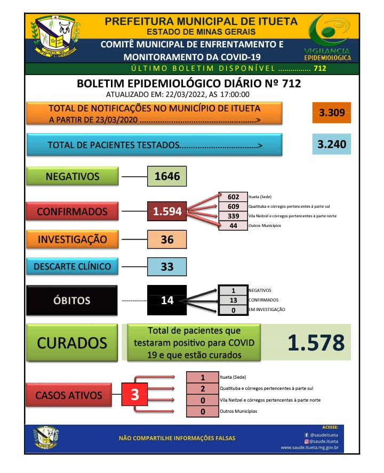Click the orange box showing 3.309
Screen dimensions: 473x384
click(x=332, y=113)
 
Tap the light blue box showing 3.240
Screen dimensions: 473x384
click(x=332, y=144)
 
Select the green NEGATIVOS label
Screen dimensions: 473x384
click(x=73, y=177)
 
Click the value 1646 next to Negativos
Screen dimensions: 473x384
click(x=167, y=176)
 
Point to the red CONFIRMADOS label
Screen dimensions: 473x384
click(x=72, y=211)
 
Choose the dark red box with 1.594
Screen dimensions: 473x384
click(x=167, y=211)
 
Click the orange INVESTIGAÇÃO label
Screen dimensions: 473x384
click(x=72, y=240)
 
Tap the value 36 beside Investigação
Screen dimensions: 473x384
click(x=167, y=240)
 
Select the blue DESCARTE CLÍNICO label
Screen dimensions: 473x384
click(x=72, y=266)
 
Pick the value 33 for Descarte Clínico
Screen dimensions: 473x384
click(x=167, y=266)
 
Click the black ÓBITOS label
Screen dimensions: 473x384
click(x=72, y=300)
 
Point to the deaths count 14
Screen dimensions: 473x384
click(x=167, y=300)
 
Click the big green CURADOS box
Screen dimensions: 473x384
click(x=72, y=342)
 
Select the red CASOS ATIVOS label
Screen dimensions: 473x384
click(x=69, y=395)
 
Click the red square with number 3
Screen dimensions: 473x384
click(x=135, y=395)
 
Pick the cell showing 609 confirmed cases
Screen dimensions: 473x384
click(x=233, y=206)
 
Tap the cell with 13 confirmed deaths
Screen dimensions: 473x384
click(x=233, y=300)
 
